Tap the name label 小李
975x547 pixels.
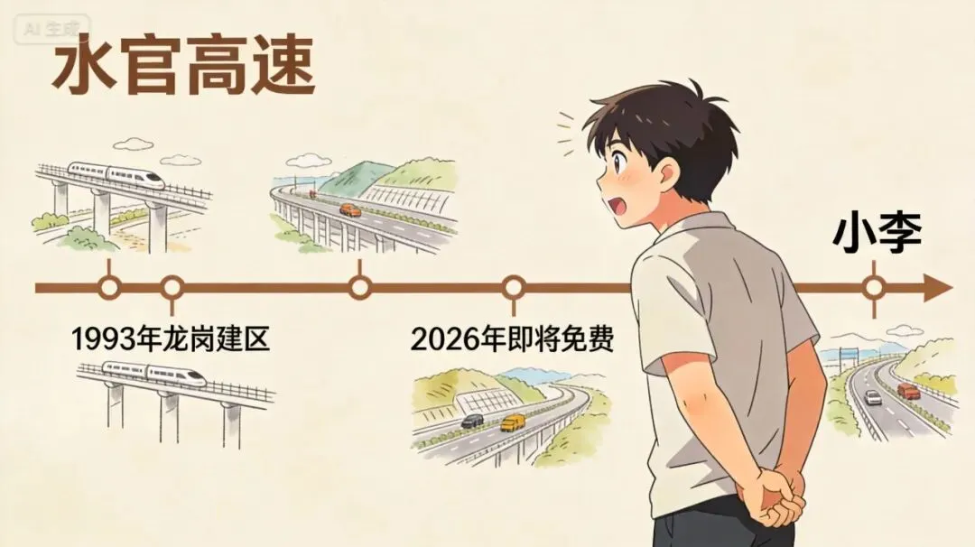click(x=877, y=233)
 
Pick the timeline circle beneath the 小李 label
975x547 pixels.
click(x=873, y=289)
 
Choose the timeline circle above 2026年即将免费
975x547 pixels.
click(x=514, y=289)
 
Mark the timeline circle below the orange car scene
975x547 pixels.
click(x=360, y=289)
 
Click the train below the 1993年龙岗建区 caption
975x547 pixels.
click(x=153, y=372)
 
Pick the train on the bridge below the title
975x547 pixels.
click(x=116, y=172)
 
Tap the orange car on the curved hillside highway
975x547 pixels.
click(x=349, y=209)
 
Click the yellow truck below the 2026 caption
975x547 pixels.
click(x=513, y=422)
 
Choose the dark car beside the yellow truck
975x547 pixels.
click(x=472, y=421)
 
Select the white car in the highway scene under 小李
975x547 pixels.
click(x=872, y=397)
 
